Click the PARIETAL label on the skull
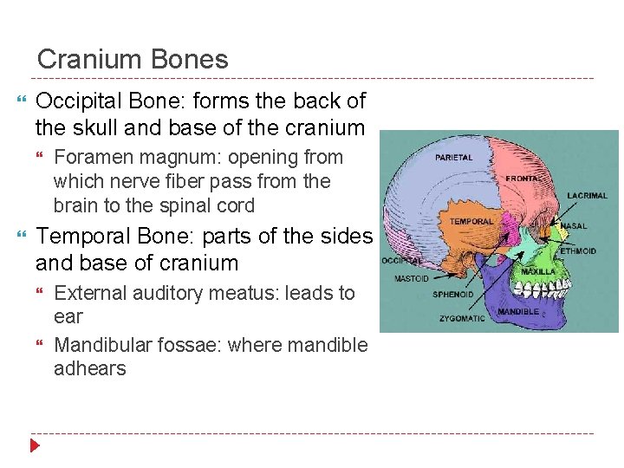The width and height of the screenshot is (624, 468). (x=454, y=158)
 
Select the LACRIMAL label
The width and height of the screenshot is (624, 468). (x=588, y=196)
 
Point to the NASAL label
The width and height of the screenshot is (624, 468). (x=574, y=227)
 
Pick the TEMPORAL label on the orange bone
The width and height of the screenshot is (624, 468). (x=471, y=221)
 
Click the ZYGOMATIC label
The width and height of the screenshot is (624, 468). (x=462, y=319)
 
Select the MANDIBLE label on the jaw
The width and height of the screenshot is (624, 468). (x=518, y=310)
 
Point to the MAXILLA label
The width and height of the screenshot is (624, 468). (x=538, y=271)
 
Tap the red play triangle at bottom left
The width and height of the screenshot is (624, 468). (x=36, y=446)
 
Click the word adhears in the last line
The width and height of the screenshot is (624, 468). (x=89, y=368)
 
